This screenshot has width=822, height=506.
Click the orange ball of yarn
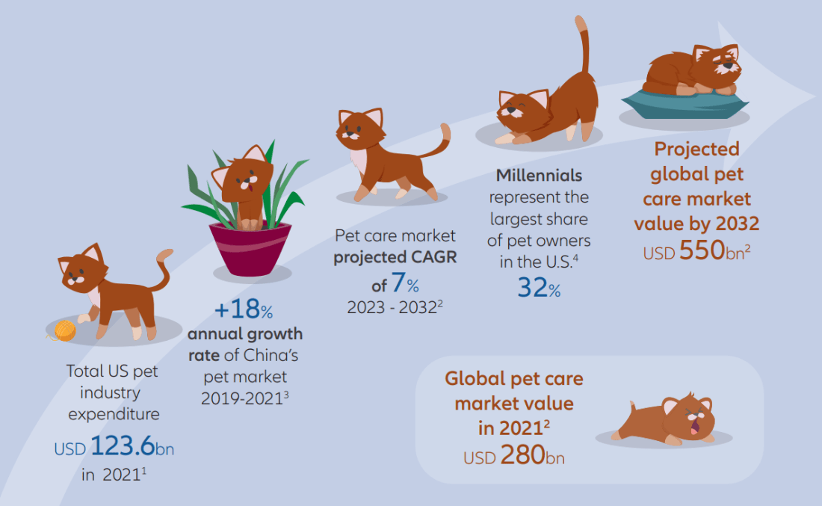(x=64, y=331)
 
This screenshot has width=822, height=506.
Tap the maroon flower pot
(x=250, y=249)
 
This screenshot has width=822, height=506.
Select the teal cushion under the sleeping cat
(x=685, y=103)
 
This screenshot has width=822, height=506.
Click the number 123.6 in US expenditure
(x=123, y=445)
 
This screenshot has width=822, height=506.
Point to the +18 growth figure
(x=238, y=309)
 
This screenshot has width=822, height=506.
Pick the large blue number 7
(x=398, y=283)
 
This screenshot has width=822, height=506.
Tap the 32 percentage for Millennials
(x=533, y=287)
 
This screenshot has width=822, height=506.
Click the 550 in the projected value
(x=702, y=250)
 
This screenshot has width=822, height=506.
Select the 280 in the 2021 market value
(x=522, y=454)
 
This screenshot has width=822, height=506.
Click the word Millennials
(x=539, y=175)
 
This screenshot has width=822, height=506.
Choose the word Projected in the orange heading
(x=696, y=149)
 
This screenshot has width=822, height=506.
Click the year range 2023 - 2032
(x=392, y=307)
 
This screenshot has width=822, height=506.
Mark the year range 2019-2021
(x=241, y=398)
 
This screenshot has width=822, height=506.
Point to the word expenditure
(x=114, y=415)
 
